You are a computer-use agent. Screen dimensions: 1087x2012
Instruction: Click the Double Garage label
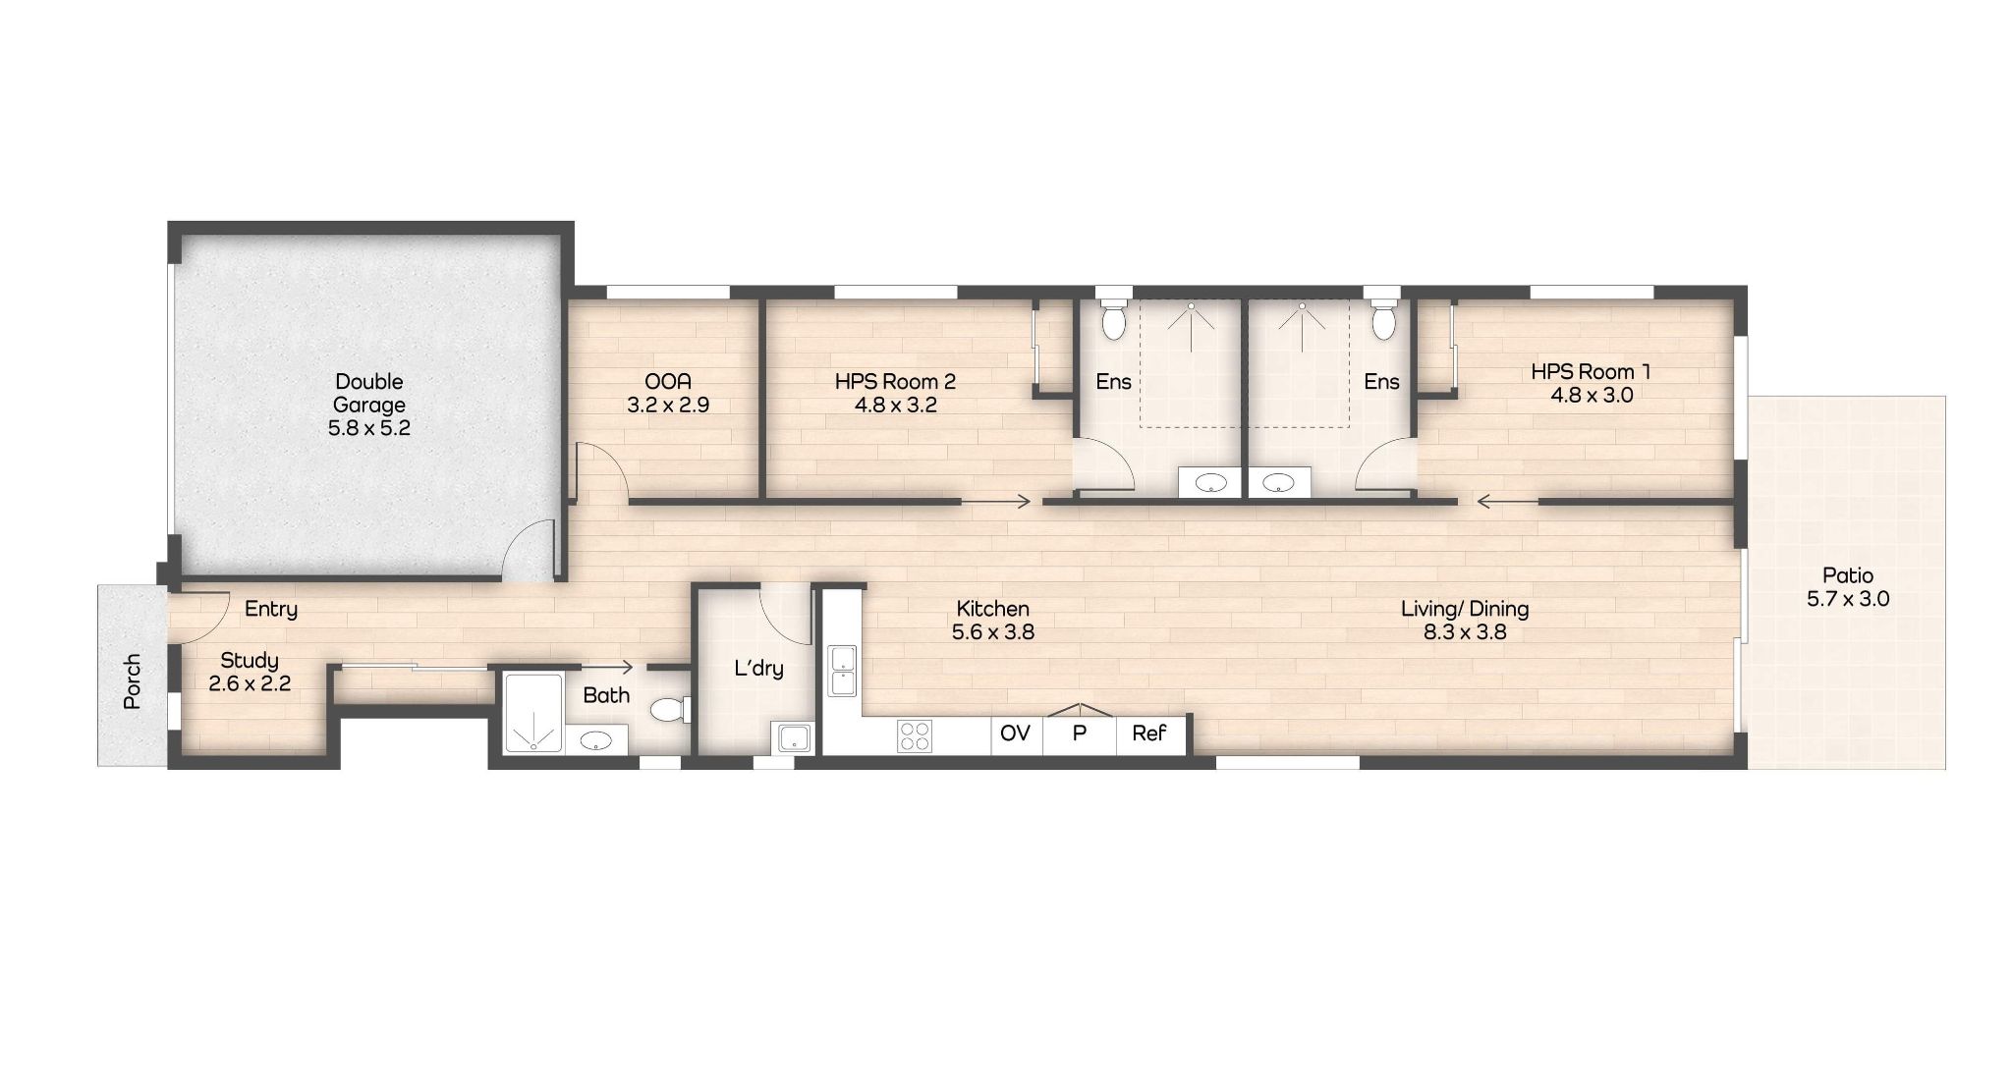(368, 393)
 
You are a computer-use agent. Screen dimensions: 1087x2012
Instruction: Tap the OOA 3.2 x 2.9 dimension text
(668, 405)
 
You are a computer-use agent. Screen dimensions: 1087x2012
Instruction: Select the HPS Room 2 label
(895, 381)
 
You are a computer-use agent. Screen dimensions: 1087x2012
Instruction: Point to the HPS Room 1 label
(1591, 372)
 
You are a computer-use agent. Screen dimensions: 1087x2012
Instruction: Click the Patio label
(1848, 575)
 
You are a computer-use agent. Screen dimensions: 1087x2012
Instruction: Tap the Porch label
(133, 681)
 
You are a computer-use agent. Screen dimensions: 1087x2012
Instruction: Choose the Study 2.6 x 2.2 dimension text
(250, 683)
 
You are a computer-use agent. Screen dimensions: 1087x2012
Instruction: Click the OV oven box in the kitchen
(1015, 734)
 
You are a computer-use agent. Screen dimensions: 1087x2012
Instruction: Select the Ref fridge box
(1149, 734)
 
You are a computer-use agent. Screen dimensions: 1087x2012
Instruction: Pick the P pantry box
(1079, 732)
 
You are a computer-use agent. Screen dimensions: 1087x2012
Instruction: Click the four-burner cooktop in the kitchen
(915, 736)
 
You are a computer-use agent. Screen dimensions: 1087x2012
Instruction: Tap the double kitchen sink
(842, 670)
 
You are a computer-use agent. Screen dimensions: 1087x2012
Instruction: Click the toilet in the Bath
(670, 708)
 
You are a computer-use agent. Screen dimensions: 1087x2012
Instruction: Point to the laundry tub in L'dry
(792, 736)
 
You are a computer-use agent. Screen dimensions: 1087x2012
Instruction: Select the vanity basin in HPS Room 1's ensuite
(1278, 482)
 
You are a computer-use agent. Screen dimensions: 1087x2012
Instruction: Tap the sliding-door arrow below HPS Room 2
(996, 502)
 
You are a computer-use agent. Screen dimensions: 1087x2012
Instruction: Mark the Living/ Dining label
(1464, 609)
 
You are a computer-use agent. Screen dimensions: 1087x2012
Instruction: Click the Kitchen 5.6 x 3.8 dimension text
(992, 632)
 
